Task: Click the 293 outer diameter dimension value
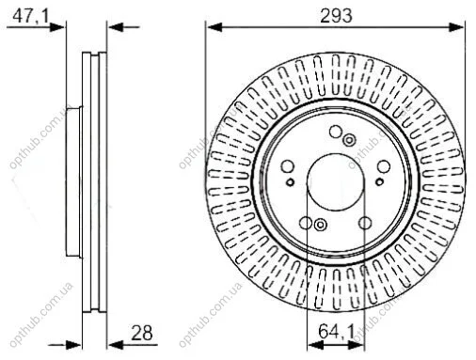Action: click(x=336, y=16)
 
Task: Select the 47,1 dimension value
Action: click(x=31, y=16)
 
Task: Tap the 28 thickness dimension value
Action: click(x=142, y=333)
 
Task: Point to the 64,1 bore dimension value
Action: click(x=337, y=332)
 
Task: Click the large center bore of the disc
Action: click(x=335, y=182)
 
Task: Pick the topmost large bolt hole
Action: click(x=336, y=132)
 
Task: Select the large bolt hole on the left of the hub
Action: click(x=287, y=166)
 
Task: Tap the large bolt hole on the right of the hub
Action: click(x=384, y=166)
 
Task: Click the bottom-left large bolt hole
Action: click(x=306, y=223)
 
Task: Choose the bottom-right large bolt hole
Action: click(x=365, y=223)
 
